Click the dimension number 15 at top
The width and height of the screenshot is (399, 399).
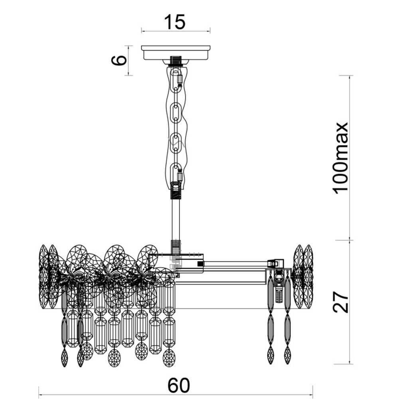(175, 22)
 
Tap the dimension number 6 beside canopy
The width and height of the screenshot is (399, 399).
(119, 60)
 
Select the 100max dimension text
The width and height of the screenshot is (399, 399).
(340, 158)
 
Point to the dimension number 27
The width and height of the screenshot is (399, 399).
(340, 302)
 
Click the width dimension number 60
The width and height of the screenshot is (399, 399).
(179, 385)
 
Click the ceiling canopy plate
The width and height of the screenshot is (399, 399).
(176, 53)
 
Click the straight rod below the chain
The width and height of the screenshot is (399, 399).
(176, 219)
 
